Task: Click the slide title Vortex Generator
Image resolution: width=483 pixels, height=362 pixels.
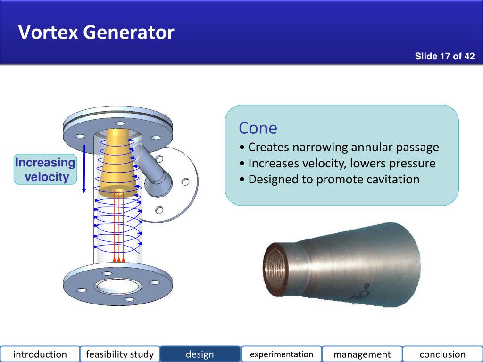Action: [96, 33]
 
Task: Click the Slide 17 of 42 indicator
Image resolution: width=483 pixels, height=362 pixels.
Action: [444, 57]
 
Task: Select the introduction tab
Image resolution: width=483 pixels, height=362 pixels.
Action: [40, 354]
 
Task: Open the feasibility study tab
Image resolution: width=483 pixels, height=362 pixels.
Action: [120, 354]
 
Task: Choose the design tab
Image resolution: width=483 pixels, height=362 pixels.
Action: [200, 354]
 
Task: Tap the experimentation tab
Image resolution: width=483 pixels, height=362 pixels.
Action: [282, 354]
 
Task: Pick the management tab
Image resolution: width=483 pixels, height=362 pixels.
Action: [362, 354]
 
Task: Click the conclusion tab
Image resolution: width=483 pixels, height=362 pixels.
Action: [442, 354]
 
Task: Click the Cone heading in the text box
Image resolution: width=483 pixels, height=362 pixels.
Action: [258, 128]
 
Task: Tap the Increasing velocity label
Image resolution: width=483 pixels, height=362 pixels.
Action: [45, 170]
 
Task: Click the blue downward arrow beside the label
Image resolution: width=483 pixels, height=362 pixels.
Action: [84, 170]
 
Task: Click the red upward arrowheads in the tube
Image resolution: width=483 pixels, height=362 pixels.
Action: [119, 259]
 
